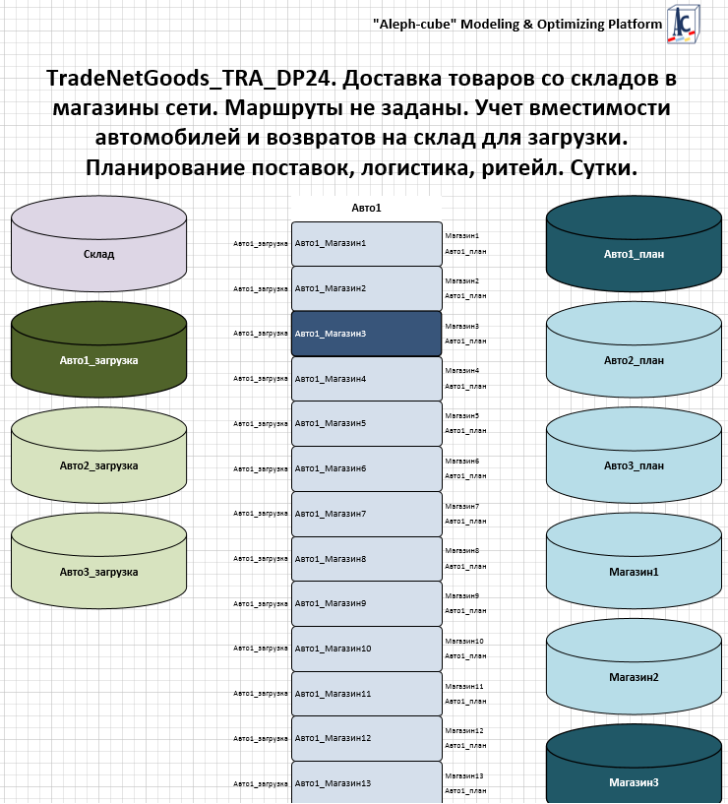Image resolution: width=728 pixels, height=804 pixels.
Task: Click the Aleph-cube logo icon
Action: click(x=684, y=23)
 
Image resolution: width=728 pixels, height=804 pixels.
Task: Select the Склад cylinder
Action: click(x=98, y=244)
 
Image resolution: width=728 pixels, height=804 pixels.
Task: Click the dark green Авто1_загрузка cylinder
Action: click(x=98, y=350)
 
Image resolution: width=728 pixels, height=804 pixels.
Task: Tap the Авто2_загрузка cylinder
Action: click(x=98, y=456)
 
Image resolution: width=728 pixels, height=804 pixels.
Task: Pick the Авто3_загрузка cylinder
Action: click(x=98, y=562)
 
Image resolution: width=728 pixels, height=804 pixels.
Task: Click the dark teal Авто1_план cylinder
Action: click(x=634, y=244)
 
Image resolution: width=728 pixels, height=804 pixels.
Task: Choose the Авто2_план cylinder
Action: click(x=634, y=350)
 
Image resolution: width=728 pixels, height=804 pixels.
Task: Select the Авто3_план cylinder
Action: click(x=634, y=456)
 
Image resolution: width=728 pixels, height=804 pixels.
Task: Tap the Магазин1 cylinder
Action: click(x=634, y=562)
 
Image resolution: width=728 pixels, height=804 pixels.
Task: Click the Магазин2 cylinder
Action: click(x=634, y=667)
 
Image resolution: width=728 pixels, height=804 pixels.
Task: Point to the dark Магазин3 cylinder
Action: click(x=634, y=764)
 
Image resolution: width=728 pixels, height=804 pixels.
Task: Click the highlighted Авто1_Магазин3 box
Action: click(x=367, y=334)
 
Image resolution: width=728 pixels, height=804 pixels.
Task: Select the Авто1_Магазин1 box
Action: click(x=367, y=243)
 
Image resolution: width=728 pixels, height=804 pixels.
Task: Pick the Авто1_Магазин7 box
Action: click(x=367, y=514)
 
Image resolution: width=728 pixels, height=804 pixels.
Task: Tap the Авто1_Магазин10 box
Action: click(x=367, y=649)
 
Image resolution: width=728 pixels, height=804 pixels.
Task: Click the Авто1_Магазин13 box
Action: click(x=367, y=782)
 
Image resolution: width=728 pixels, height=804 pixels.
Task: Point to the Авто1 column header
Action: click(x=366, y=208)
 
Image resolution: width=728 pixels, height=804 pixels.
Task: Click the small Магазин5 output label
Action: click(x=462, y=416)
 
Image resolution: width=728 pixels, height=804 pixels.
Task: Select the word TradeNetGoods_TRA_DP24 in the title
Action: click(x=191, y=79)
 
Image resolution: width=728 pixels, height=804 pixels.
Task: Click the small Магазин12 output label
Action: click(x=464, y=730)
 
